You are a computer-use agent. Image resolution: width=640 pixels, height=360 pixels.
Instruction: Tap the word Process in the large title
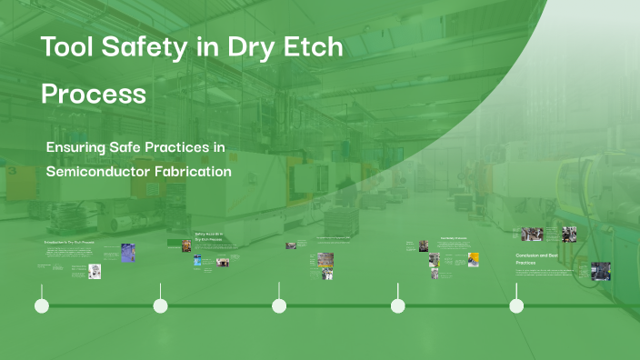[x=94, y=94]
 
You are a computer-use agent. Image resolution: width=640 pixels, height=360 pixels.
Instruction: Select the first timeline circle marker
[x=42, y=306]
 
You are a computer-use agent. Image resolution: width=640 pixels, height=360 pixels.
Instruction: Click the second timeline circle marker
[x=161, y=306]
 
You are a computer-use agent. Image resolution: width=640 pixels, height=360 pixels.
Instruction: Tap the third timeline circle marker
[x=279, y=306]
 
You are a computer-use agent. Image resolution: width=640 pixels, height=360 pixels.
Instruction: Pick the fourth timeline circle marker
[x=398, y=306]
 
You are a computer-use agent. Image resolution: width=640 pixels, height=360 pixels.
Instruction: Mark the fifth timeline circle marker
[x=516, y=306]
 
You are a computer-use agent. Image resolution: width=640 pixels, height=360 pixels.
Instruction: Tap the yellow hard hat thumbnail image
[x=473, y=260]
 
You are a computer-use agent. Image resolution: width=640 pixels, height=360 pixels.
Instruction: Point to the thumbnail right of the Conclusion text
[x=600, y=271]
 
